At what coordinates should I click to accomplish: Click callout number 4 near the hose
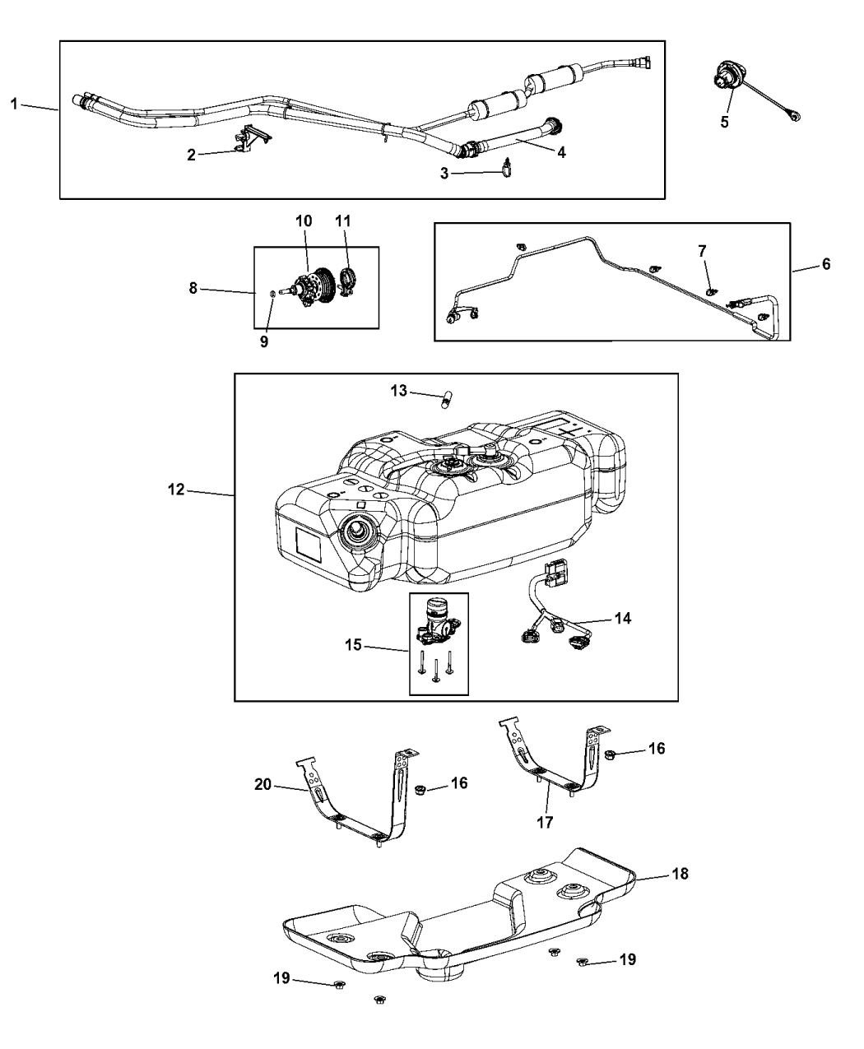(560, 151)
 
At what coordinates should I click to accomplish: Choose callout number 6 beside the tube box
(826, 264)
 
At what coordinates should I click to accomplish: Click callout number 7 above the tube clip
(702, 249)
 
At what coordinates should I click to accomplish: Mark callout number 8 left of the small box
(194, 289)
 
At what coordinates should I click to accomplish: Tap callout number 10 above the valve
(304, 220)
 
